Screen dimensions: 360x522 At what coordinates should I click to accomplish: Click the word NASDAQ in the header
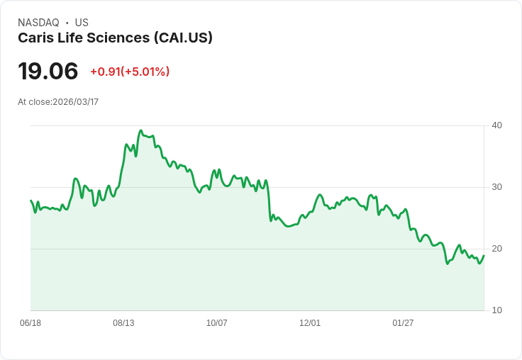point(38,23)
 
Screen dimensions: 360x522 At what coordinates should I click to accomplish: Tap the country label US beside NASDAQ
point(82,23)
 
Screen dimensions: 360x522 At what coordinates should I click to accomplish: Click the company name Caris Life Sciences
point(84,38)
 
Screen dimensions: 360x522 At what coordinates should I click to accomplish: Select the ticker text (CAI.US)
point(183,38)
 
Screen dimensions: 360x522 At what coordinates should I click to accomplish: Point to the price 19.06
point(48,72)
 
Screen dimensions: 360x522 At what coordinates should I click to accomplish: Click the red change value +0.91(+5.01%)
point(130,72)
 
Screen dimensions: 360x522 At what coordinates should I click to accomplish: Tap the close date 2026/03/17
point(76,102)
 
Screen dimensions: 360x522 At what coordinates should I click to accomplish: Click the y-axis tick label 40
point(497,125)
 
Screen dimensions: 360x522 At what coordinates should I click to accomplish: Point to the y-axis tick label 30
point(497,187)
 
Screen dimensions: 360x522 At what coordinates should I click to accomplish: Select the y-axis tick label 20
point(497,249)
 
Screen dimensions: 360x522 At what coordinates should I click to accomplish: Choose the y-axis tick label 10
point(497,310)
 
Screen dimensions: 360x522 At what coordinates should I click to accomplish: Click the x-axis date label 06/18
point(30,323)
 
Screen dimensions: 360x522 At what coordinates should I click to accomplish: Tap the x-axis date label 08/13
point(123,323)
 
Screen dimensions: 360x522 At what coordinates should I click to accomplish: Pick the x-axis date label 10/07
point(217,323)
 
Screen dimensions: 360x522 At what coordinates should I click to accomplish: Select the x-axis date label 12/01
point(310,323)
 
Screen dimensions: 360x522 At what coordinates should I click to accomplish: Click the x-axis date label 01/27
point(403,323)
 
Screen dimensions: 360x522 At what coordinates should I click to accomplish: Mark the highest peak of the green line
point(141,131)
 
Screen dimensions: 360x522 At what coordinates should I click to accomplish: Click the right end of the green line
point(484,256)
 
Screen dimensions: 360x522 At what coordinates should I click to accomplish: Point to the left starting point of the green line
point(31,201)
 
